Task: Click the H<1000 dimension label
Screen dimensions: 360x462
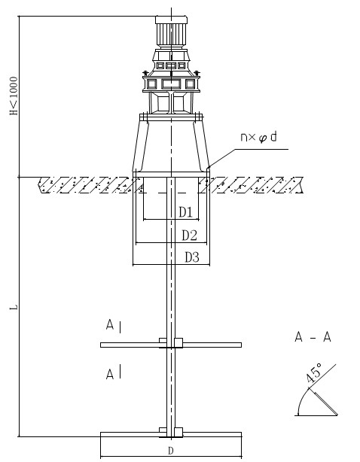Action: [x=14, y=96]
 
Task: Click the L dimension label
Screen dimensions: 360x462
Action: [x=14, y=307]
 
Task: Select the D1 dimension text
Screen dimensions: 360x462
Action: [x=186, y=212]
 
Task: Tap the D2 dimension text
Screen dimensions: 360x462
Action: [x=189, y=236]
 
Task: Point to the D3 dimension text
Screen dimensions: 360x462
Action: [x=192, y=257]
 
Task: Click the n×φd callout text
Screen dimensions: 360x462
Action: [x=258, y=137]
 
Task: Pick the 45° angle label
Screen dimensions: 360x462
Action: [x=313, y=372]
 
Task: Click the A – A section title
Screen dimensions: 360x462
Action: [x=313, y=337]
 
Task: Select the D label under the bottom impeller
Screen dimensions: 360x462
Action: [x=171, y=451]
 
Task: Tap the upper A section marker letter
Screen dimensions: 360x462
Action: [x=110, y=325]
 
